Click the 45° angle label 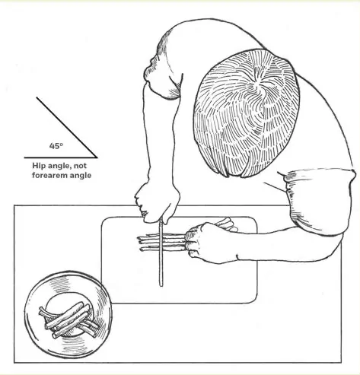pyautogui.click(x=56, y=146)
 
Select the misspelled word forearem pyautogui.click(x=49, y=175)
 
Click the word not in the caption pyautogui.click(x=80, y=166)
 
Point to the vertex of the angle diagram pyautogui.click(x=97, y=157)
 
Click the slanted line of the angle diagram pyautogui.click(x=67, y=127)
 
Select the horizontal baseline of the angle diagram pyautogui.click(x=61, y=157)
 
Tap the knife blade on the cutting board pyautogui.click(x=161, y=253)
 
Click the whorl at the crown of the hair pyautogui.click(x=259, y=89)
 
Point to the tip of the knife pyautogui.click(x=161, y=286)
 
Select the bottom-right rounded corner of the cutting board pyautogui.click(x=253, y=300)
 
